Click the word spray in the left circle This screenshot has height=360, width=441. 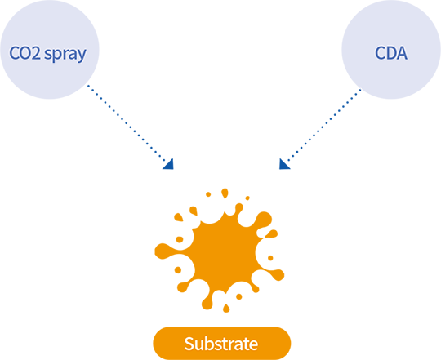tap(65, 54)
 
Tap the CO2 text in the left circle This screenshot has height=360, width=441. tap(25, 52)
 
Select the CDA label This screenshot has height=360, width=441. tap(391, 52)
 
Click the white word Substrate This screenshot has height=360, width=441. tap(221, 344)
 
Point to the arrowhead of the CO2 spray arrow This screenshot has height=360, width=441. tap(169, 165)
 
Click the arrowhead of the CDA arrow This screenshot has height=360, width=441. tap(283, 165)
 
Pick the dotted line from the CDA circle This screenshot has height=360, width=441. tap(323, 126)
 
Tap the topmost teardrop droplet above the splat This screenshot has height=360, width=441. tap(225, 193)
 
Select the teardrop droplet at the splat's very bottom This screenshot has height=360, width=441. tap(226, 309)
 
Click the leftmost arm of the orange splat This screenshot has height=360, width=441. tap(166, 251)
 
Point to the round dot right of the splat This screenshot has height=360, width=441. tap(270, 258)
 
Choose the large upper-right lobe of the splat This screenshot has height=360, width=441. tap(264, 220)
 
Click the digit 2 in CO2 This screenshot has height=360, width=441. tap(36, 53)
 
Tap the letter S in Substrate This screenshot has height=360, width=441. tap(189, 344)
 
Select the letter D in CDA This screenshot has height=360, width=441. tap(390, 53)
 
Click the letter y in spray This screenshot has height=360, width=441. tap(82, 56)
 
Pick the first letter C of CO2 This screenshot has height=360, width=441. tap(14, 53)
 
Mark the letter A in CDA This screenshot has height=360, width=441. tap(402, 53)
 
